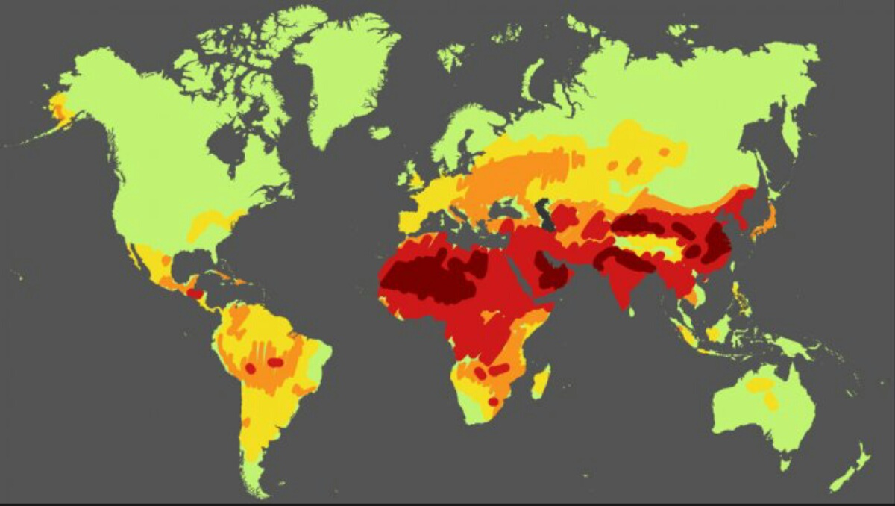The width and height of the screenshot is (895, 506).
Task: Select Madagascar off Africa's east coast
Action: (541, 381)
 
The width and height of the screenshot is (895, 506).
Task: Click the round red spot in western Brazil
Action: (251, 368)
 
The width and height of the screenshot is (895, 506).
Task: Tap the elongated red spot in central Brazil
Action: (275, 363)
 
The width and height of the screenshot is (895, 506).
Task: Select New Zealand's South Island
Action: (844, 478)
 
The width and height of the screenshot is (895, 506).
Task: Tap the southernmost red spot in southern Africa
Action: (493, 402)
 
